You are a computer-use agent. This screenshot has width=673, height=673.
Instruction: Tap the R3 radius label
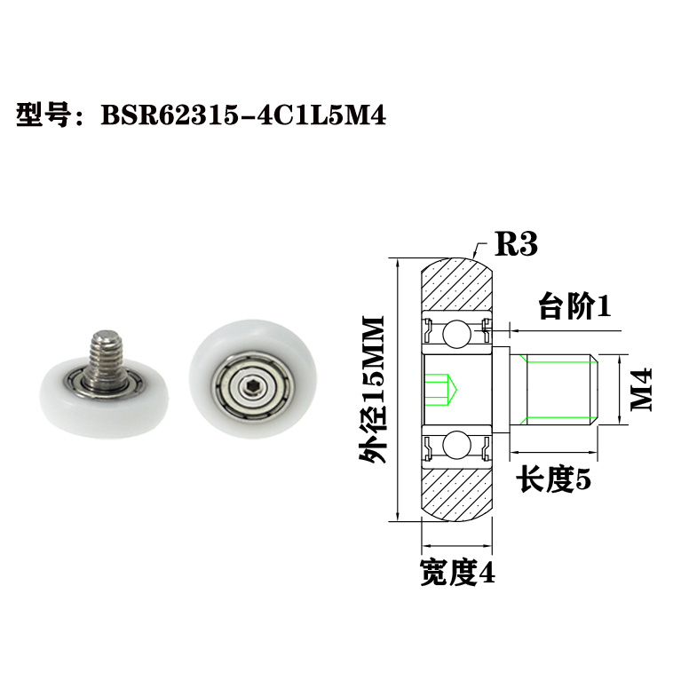point(516,242)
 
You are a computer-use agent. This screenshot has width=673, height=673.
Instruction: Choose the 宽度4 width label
point(457,573)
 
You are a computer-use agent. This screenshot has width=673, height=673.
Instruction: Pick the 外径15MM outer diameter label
point(372,389)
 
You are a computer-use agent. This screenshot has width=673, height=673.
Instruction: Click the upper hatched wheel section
point(457,286)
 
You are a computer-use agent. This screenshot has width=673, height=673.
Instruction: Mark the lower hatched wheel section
point(457,491)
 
